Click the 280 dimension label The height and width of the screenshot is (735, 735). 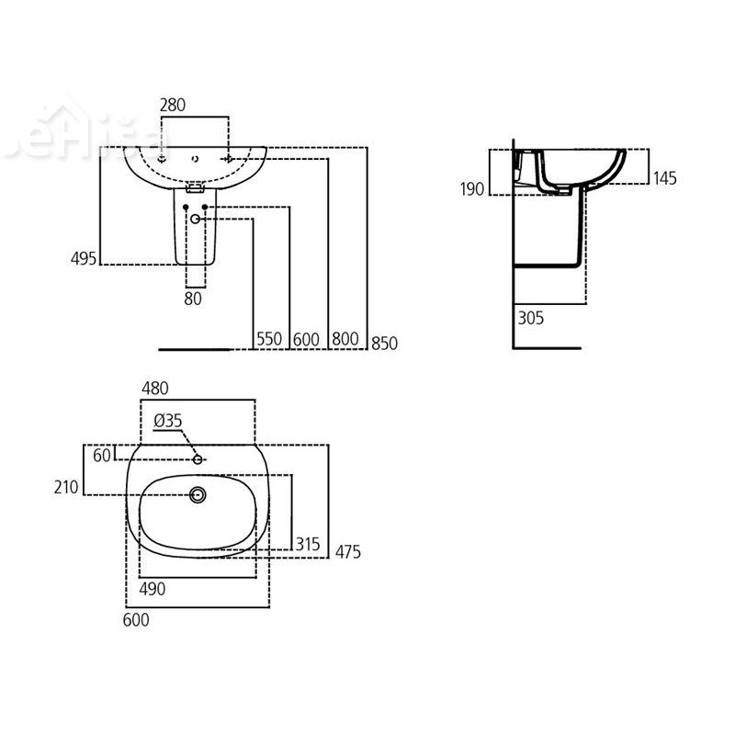tap(173, 105)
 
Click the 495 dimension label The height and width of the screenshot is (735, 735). tap(84, 258)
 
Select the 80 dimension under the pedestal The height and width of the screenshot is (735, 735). tap(193, 298)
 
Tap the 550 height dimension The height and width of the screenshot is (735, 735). tap(269, 340)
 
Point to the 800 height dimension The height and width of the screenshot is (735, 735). tap(345, 340)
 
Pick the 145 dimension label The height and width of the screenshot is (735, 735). tap(663, 178)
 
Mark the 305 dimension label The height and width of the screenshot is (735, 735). tap(531, 319)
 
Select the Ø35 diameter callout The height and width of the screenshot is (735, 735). tap(169, 420)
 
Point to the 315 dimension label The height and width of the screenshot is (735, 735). tap(308, 544)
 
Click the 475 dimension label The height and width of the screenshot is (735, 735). tap(346, 551)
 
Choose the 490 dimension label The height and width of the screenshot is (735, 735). tap(153, 589)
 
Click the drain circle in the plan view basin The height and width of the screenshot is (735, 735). tap(198, 495)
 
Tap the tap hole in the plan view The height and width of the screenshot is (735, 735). tap(198, 458)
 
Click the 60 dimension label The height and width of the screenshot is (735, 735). tap(101, 454)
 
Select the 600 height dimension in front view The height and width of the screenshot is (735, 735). tap(306, 340)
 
